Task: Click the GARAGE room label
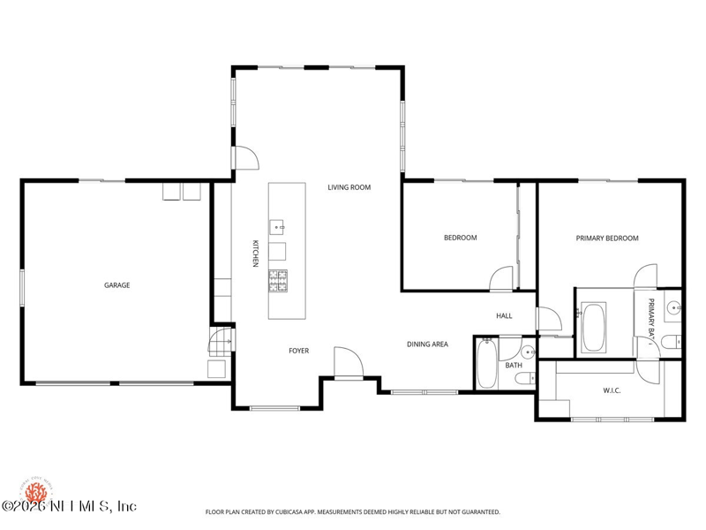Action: click(x=117, y=285)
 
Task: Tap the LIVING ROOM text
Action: click(x=349, y=187)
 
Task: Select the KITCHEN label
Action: click(x=255, y=254)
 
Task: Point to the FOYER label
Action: click(x=298, y=351)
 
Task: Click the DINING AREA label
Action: click(x=427, y=344)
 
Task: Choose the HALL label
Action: click(x=504, y=315)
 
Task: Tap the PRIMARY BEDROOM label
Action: click(x=606, y=238)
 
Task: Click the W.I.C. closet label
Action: click(x=612, y=390)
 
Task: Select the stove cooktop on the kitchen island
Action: click(x=278, y=281)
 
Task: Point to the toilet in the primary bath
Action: click(x=671, y=342)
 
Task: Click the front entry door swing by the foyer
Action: click(x=347, y=363)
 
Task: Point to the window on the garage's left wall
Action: click(x=22, y=286)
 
